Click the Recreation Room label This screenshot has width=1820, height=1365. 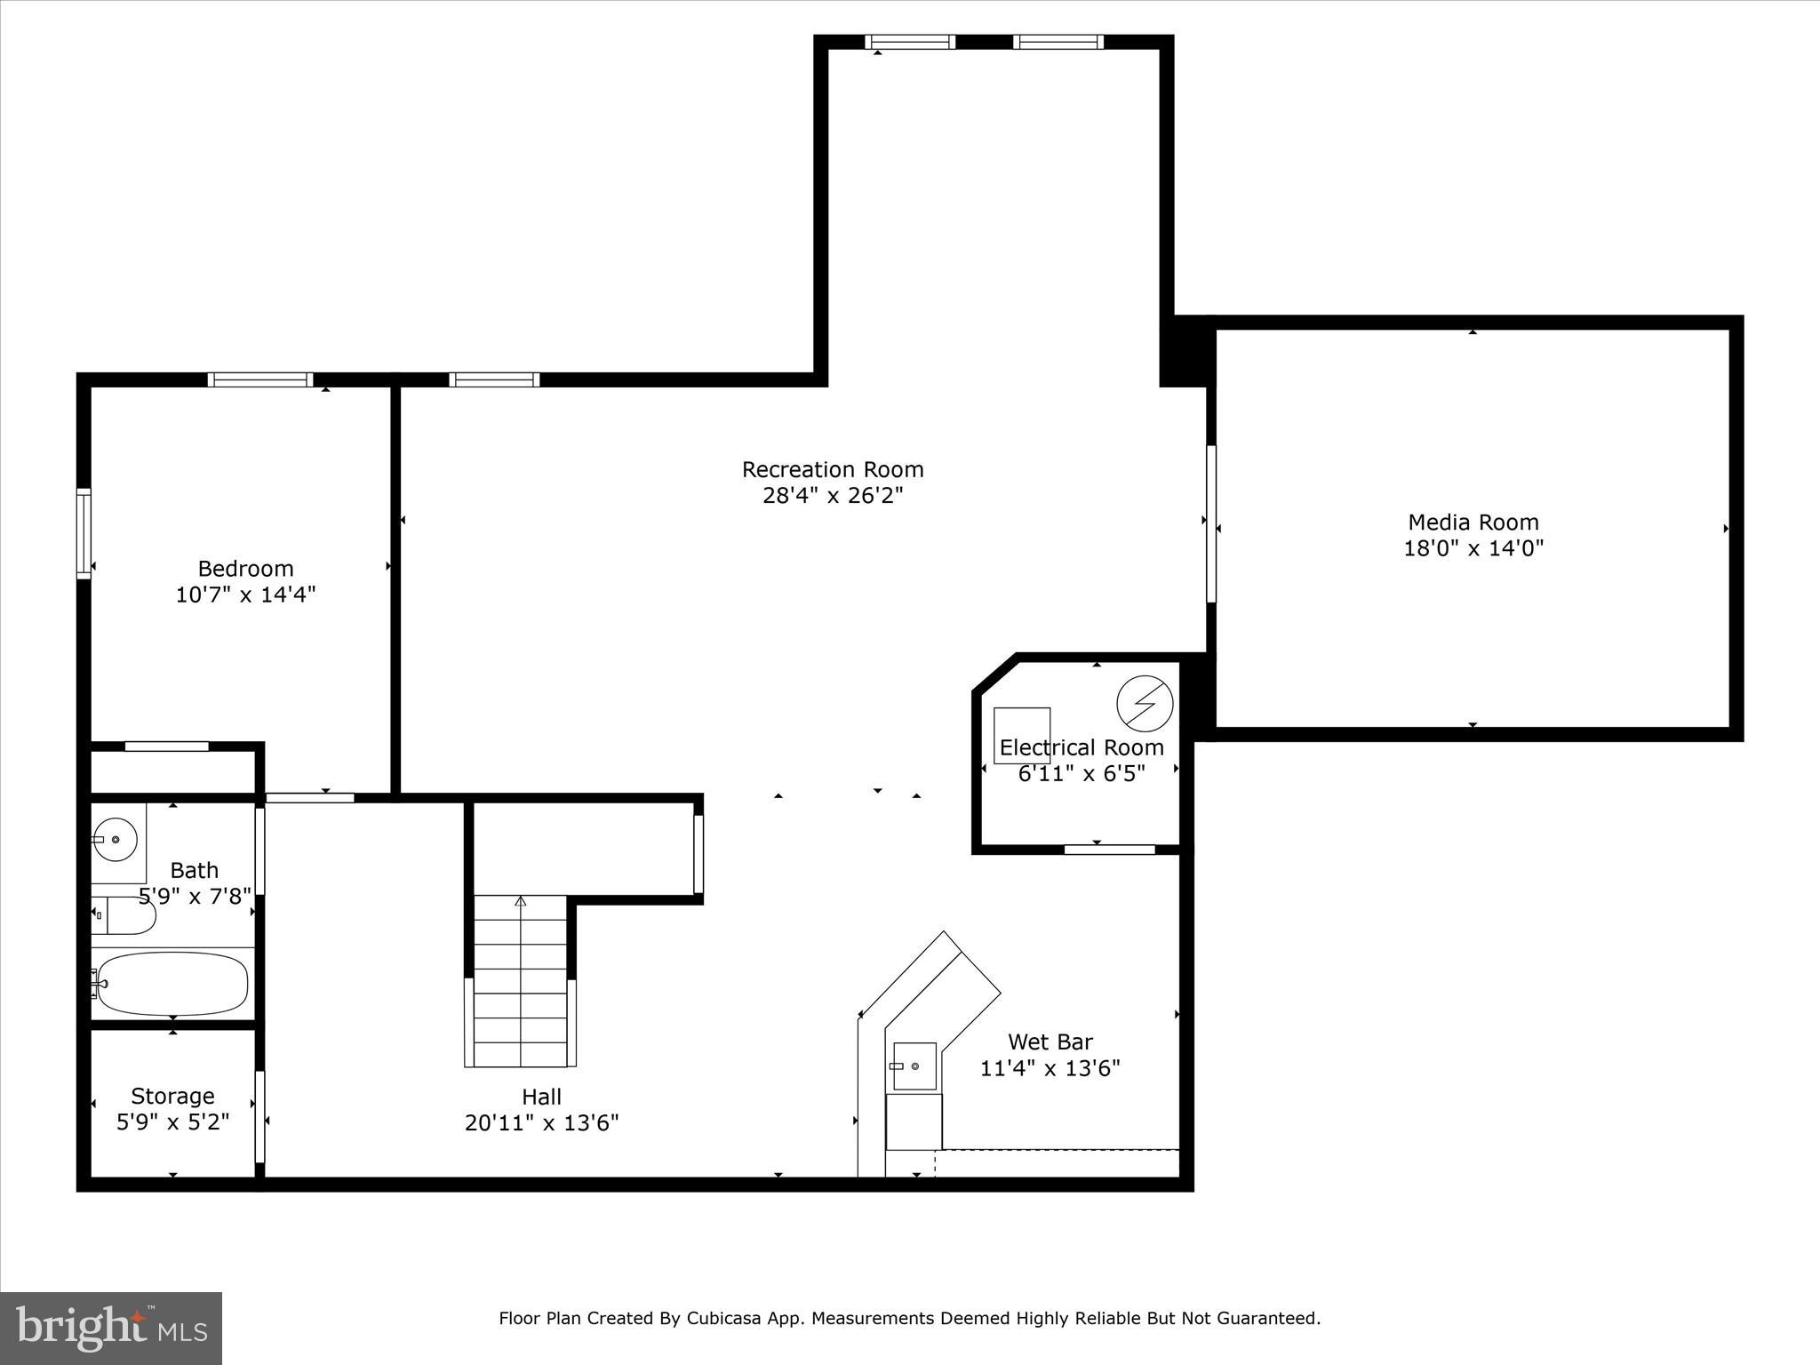[833, 469]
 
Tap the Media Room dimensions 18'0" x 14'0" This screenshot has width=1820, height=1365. [1473, 548]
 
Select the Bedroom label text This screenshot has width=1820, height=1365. [245, 569]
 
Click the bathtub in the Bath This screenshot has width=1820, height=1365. [172, 984]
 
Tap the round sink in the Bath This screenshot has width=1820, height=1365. [115, 840]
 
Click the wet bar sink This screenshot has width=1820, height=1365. [914, 1066]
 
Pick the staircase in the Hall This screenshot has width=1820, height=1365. [520, 982]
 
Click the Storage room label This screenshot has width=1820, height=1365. [172, 1096]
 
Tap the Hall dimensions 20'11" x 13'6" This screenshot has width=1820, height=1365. [541, 1123]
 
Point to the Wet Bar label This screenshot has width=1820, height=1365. [1050, 1042]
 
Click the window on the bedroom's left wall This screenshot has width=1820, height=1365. [84, 533]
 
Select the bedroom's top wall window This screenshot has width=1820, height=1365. [260, 379]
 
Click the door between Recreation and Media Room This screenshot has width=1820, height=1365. [1210, 523]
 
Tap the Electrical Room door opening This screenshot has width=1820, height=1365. [1109, 850]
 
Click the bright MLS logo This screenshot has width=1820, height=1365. [110, 1328]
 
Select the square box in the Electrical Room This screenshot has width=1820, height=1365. [1022, 735]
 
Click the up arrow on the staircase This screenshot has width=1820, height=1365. [521, 901]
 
